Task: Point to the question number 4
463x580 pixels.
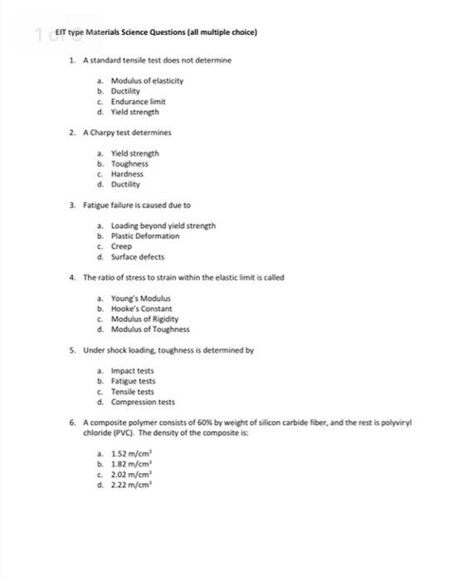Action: pyautogui.click(x=73, y=278)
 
